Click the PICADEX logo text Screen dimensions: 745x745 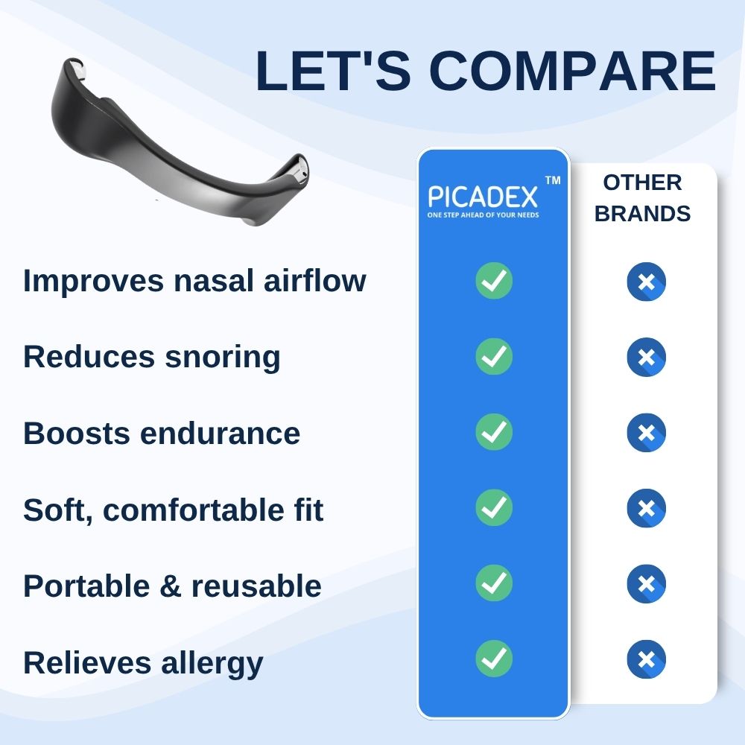pyautogui.click(x=483, y=197)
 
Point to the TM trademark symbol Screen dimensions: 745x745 pyautogui.click(x=553, y=180)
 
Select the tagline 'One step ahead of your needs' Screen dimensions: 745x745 pyautogui.click(x=483, y=215)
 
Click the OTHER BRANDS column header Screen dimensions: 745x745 pyautogui.click(x=642, y=198)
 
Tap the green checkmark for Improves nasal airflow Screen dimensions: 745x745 pyautogui.click(x=494, y=280)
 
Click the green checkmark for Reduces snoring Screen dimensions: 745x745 pyautogui.click(x=494, y=356)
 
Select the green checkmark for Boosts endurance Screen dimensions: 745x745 pyautogui.click(x=494, y=432)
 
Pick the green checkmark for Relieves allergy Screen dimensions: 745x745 pyautogui.click(x=494, y=659)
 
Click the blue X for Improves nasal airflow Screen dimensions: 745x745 pyautogui.click(x=646, y=282)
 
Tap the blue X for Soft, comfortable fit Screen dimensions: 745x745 pyautogui.click(x=646, y=508)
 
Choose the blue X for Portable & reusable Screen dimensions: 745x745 pyautogui.click(x=646, y=584)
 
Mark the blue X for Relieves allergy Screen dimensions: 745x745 pyautogui.click(x=646, y=659)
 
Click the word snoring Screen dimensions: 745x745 pyautogui.click(x=223, y=358)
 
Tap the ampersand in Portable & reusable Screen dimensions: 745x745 pyautogui.click(x=170, y=586)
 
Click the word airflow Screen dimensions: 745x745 pyautogui.click(x=314, y=280)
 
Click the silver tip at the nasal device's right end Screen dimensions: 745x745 pyautogui.click(x=299, y=170)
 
